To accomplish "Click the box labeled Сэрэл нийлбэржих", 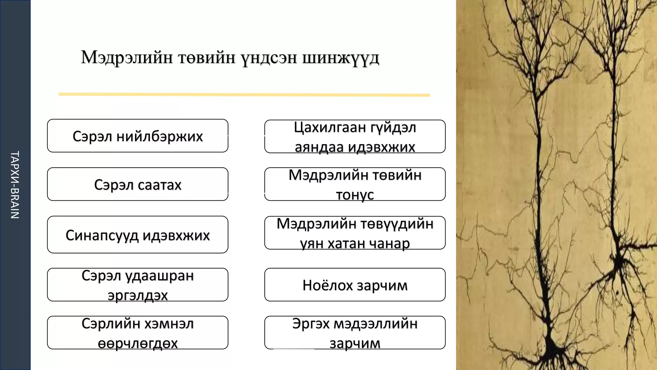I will pyautogui.click(x=138, y=136).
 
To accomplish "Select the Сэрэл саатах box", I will pyautogui.click(x=138, y=184).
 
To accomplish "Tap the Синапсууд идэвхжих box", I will pyautogui.click(x=138, y=235).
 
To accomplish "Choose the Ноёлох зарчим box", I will pyautogui.click(x=355, y=285).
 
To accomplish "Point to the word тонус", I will pyautogui.click(x=355, y=195).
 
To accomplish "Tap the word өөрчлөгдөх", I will pyautogui.click(x=138, y=343).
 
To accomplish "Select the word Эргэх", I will pyautogui.click(x=311, y=324).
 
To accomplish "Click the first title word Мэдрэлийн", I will pyautogui.click(x=127, y=58).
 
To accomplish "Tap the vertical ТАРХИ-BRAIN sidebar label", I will pyautogui.click(x=15, y=185).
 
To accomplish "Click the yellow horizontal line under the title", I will pyautogui.click(x=244, y=94).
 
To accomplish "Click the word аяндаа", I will pyautogui.click(x=319, y=147).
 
